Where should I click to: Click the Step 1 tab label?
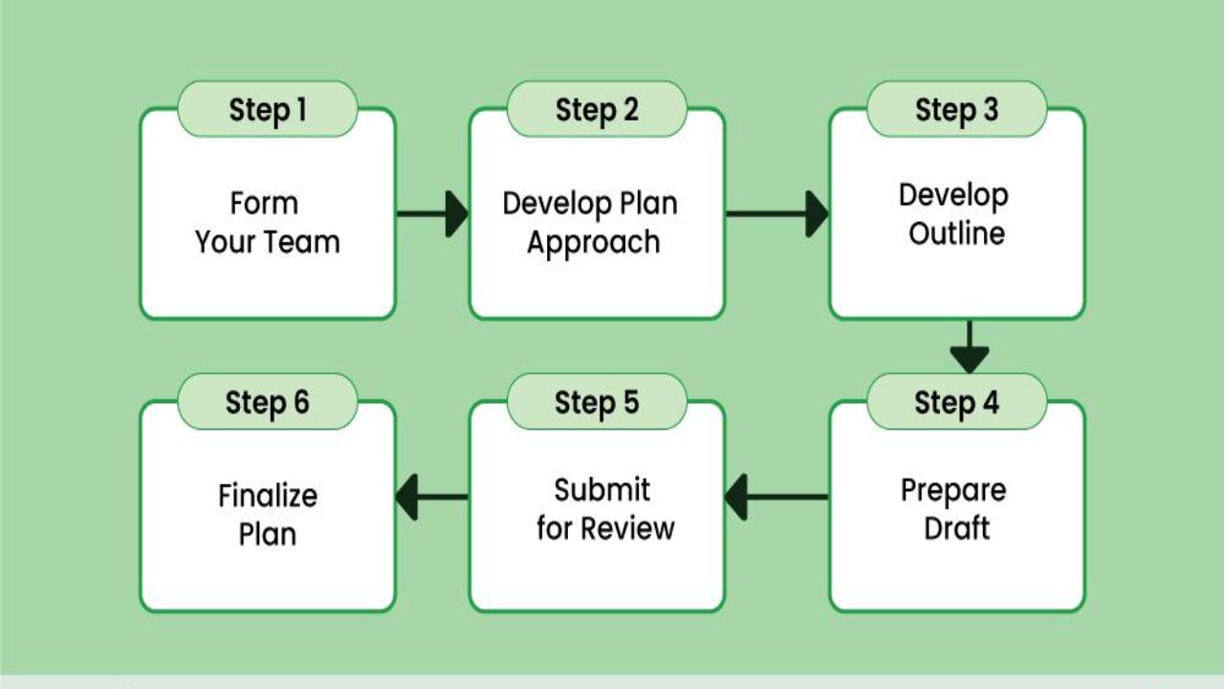coord(268,110)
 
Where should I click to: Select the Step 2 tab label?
coord(597,110)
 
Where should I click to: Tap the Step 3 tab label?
coord(956,110)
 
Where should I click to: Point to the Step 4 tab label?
coord(956,403)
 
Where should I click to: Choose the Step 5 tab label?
coord(597,403)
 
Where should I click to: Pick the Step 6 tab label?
coord(268,403)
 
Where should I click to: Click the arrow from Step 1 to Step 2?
coord(432,213)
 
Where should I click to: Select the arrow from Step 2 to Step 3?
coord(776,213)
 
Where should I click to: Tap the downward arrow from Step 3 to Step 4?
coord(969,347)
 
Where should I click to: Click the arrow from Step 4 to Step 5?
coord(776,498)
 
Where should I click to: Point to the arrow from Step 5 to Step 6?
coord(432,498)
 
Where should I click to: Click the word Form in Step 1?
coord(264,204)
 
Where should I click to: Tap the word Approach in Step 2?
coord(593,243)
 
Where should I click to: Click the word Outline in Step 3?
coord(956,233)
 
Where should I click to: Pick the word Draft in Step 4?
coord(956,528)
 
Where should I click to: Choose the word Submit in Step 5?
coord(602,490)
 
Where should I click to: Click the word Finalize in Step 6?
coord(268,497)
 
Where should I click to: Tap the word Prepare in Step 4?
coord(953,490)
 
